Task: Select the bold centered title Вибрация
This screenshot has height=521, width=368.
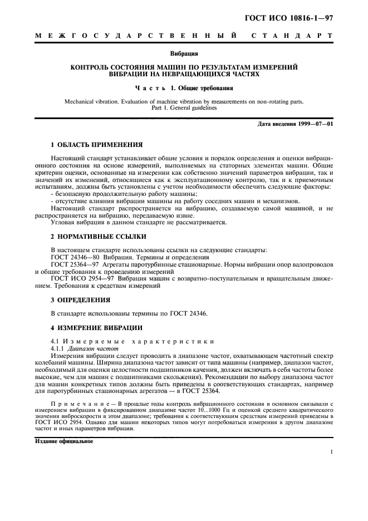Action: pos(184,55)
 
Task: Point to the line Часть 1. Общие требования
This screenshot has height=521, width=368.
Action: pos(184,88)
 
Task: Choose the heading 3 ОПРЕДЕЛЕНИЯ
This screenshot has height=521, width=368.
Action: pos(81,299)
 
